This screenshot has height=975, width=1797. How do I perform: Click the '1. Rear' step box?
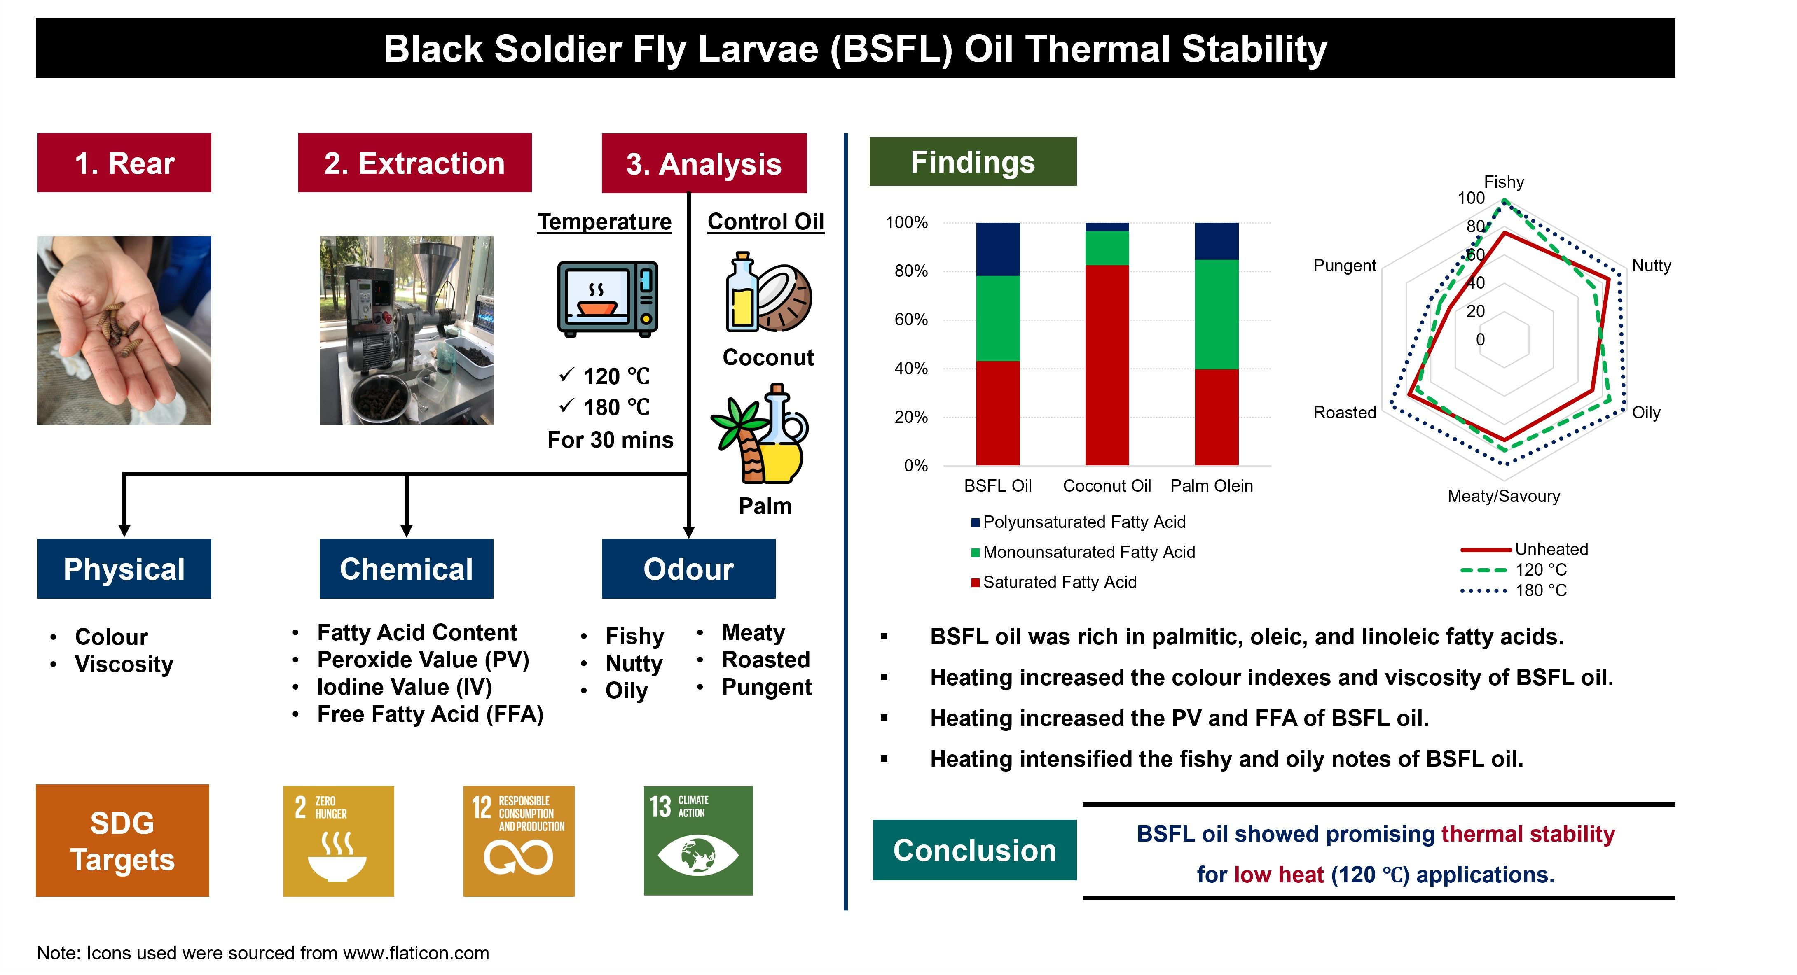(124, 163)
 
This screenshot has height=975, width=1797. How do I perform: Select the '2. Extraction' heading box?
(414, 163)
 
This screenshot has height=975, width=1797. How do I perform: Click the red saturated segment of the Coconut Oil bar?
(1107, 365)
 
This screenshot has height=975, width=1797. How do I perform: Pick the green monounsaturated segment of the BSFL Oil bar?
(997, 318)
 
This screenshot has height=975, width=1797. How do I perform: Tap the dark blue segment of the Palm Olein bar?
(1217, 241)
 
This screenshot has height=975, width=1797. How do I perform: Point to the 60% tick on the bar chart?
(911, 320)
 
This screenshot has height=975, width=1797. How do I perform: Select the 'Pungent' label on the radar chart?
(1344, 265)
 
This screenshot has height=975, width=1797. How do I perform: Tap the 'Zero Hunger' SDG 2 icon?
(338, 841)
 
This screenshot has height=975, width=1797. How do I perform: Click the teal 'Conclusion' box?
(975, 850)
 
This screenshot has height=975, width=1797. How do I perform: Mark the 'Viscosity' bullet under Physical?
(124, 664)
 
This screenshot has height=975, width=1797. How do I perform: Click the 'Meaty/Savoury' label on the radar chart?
(1503, 496)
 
